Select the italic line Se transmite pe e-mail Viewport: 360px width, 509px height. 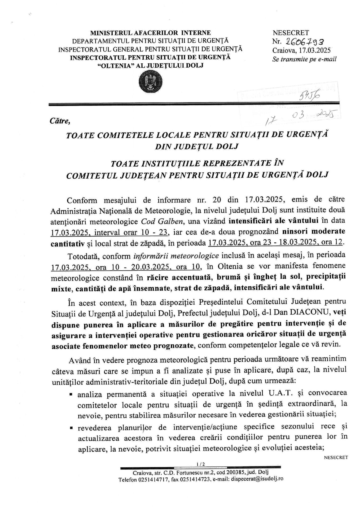pos(304,59)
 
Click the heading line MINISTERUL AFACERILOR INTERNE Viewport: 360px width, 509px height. pos(150,33)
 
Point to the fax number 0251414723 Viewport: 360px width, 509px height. pos(195,479)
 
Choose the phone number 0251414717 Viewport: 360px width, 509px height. pos(153,479)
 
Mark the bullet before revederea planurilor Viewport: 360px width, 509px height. pos(71,428)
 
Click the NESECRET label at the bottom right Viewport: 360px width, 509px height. pos(336,457)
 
